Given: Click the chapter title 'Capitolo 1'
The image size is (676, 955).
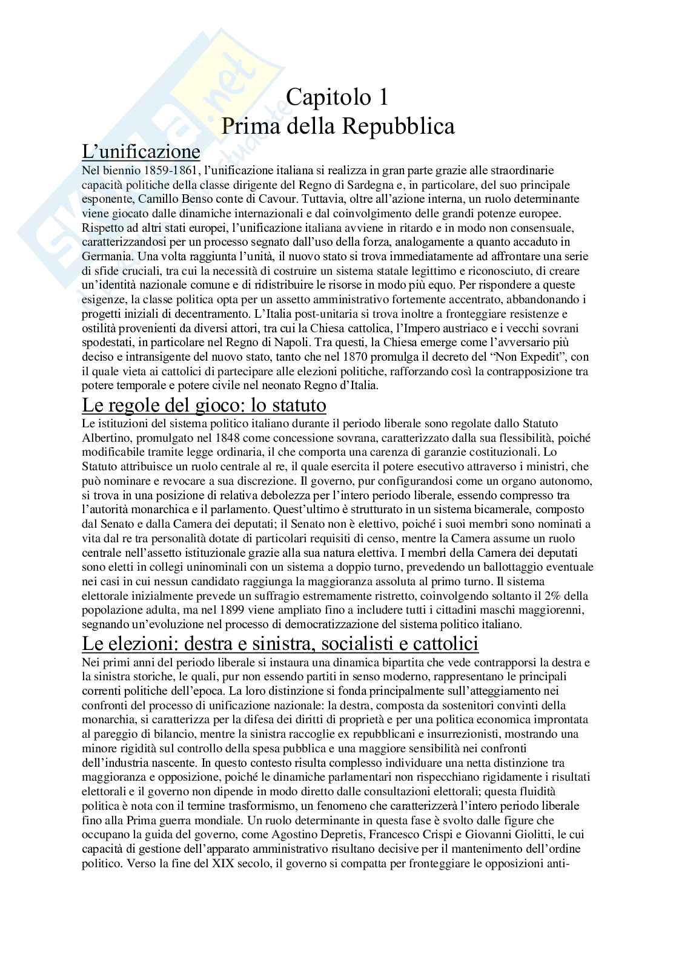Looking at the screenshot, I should (x=337, y=97).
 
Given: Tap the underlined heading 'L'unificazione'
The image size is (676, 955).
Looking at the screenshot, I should (x=141, y=151).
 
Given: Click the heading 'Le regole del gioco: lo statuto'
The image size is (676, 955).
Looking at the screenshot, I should (x=204, y=404).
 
